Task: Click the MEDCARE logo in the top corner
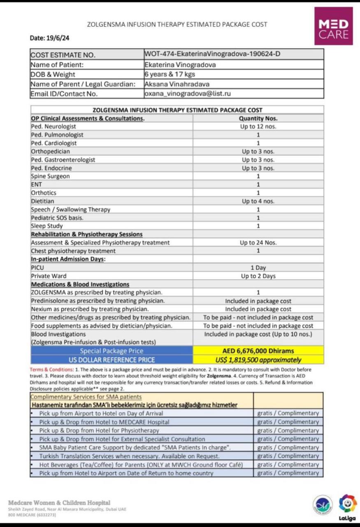333,26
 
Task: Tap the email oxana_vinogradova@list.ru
188,93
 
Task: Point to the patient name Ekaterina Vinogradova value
180,65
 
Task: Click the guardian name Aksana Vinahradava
177,84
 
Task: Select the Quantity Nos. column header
258,118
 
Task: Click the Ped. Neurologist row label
53,126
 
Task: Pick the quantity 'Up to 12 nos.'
258,126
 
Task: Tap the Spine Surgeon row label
50,176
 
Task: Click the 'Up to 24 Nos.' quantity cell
258,243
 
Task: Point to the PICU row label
37,268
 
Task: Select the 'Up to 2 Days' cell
258,276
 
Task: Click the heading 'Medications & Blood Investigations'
80,284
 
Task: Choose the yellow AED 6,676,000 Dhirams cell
258,351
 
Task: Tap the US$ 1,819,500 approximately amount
258,360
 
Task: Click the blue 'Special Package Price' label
111,351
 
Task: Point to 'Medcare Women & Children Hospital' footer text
59,503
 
